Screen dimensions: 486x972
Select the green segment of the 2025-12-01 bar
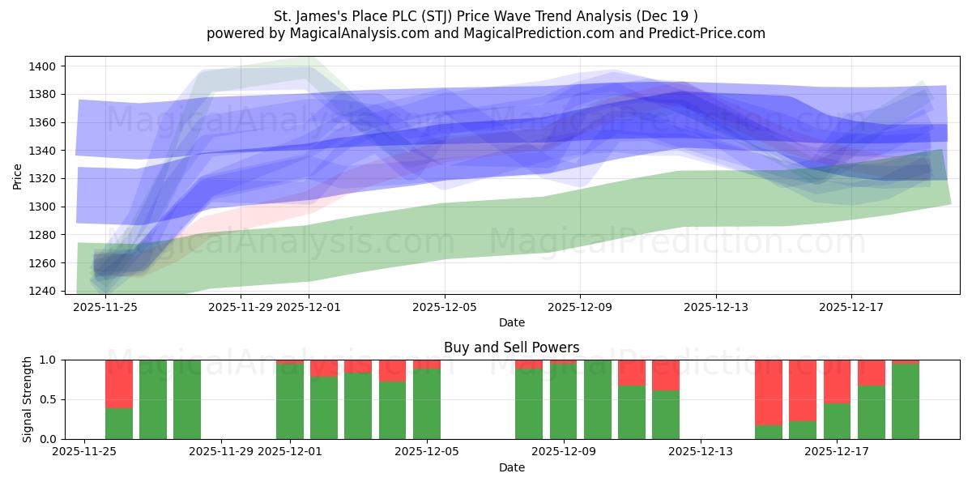[x=290, y=401]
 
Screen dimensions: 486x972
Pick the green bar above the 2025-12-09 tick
[x=564, y=401]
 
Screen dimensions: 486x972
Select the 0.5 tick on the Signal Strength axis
[x=48, y=399]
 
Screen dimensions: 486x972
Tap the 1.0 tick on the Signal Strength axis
[x=48, y=360]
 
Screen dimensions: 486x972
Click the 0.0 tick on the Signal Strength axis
[x=48, y=439]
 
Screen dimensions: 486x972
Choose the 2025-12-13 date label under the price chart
[x=715, y=307]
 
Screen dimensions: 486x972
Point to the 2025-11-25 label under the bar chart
[x=85, y=452]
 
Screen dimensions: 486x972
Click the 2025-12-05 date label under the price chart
[x=444, y=307]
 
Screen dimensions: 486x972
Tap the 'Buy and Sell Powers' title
[x=511, y=347]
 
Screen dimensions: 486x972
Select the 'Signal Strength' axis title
[x=27, y=399]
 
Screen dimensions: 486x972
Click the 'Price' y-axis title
[x=18, y=177]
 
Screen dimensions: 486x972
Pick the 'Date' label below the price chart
[x=511, y=322]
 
